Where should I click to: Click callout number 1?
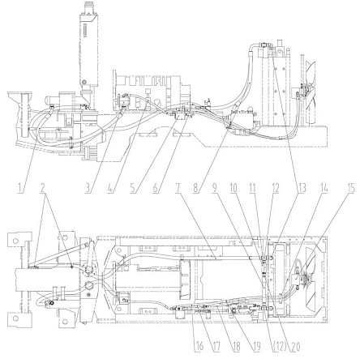19,188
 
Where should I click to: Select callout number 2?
42,188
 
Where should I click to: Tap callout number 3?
88,188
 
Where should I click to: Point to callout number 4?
110,188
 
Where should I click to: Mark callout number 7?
178,188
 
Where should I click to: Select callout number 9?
215,188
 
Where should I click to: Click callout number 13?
302,188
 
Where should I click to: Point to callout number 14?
324,188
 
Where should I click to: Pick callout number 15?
350,188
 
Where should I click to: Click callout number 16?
199,347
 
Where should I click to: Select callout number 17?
216,347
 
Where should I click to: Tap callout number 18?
236,347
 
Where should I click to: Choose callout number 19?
256,347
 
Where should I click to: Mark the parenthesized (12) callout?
277,347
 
